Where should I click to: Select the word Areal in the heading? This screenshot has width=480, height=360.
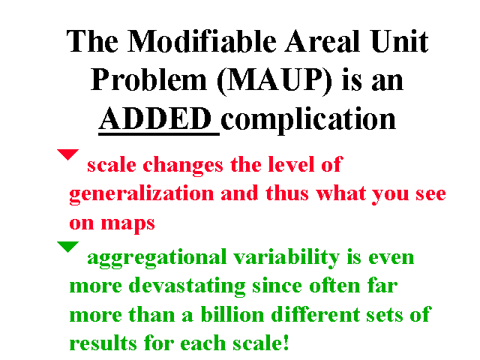[322, 41]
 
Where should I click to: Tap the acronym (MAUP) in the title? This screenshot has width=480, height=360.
[274, 80]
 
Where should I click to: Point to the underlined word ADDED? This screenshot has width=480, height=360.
[155, 118]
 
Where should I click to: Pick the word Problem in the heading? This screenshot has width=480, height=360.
[148, 79]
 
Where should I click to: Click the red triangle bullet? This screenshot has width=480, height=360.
[68, 154]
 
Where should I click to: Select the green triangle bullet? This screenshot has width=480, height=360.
[68, 247]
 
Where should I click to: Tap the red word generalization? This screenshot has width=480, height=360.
[141, 194]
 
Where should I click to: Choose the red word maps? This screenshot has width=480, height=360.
[128, 223]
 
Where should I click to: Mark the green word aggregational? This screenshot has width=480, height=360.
[157, 258]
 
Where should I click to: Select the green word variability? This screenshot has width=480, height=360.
[286, 258]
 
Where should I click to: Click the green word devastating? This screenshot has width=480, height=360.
[187, 286]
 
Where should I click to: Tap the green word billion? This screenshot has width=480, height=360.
[232, 314]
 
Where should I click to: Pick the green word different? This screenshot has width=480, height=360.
[315, 314]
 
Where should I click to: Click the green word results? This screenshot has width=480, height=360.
[103, 343]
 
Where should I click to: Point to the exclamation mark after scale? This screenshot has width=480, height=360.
[286, 342]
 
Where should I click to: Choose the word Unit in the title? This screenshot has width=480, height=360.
[399, 41]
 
